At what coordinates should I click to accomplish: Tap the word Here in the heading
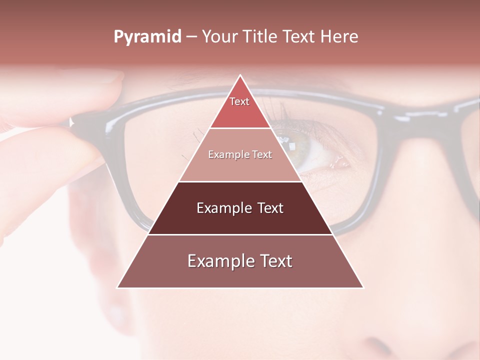point(339,37)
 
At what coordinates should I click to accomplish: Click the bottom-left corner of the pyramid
point(118,287)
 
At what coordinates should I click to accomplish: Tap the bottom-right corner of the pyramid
point(362,287)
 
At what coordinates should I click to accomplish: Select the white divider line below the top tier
point(240,128)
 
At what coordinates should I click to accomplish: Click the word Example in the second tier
point(225,155)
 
